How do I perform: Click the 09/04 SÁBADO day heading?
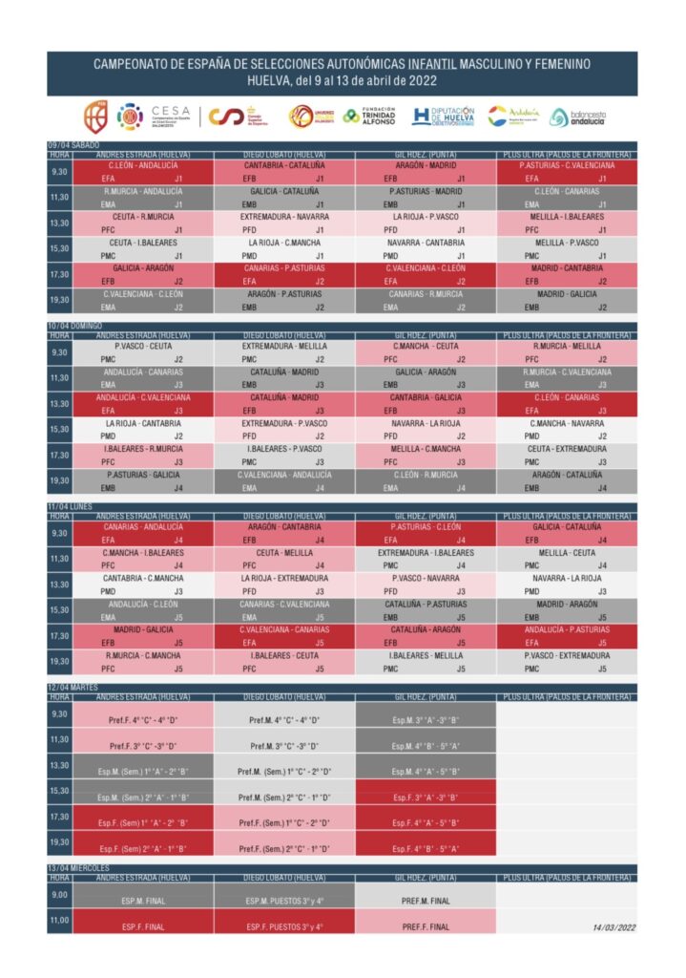73,145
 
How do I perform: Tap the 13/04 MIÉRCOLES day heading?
78,867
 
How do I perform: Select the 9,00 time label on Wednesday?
59,895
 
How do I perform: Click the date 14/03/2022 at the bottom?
613,926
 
